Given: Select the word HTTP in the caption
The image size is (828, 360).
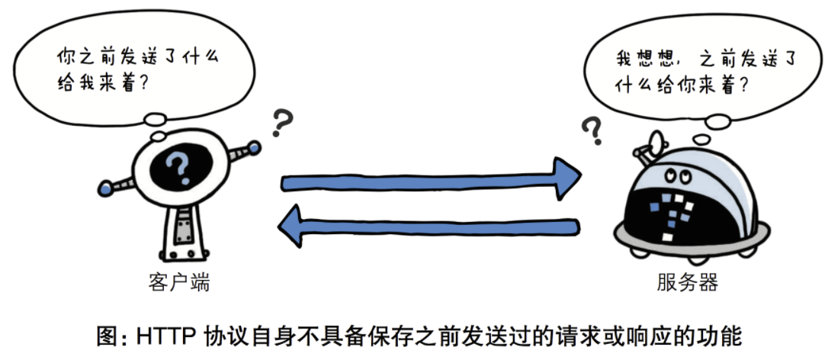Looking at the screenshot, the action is pyautogui.click(x=163, y=336).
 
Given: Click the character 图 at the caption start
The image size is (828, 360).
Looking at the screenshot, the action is pyautogui.click(x=108, y=336).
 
